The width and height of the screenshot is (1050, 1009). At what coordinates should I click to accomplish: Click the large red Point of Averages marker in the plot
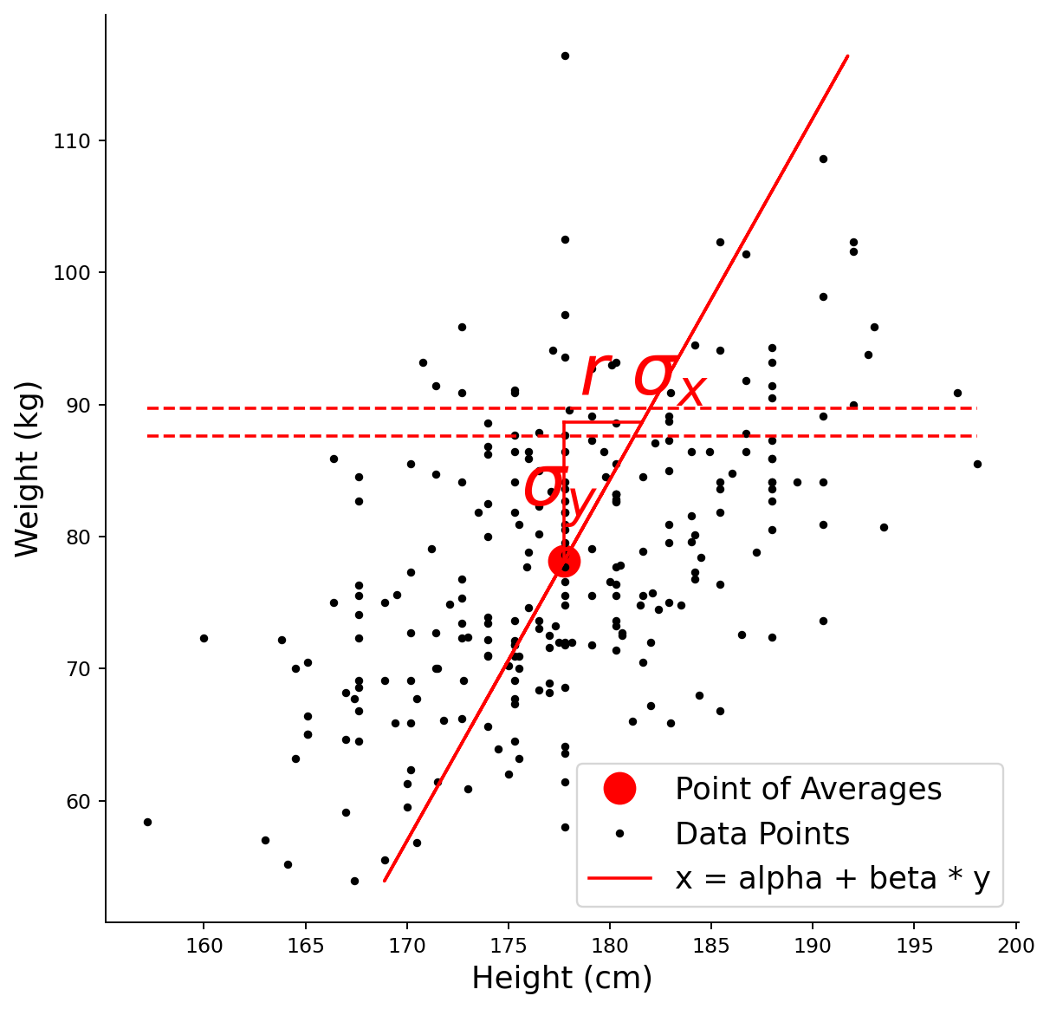click(564, 562)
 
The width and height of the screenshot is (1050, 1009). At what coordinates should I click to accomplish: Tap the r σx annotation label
click(644, 377)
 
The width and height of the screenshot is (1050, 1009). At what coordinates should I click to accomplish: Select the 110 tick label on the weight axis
click(71, 141)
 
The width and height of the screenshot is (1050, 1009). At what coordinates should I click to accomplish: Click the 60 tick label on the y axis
click(78, 802)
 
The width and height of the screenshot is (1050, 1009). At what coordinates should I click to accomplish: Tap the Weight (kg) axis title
click(27, 469)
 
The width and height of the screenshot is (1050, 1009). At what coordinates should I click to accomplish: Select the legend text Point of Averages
click(808, 789)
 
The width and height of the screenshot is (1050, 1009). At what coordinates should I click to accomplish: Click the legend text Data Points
click(762, 834)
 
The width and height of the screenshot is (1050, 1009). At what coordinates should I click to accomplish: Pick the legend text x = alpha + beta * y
click(833, 878)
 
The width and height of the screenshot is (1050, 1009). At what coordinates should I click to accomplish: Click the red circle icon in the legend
click(619, 788)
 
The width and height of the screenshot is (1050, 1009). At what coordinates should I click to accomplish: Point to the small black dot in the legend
click(619, 834)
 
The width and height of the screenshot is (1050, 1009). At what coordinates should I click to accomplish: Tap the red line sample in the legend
click(619, 878)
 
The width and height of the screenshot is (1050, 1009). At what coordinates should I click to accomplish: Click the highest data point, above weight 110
click(565, 56)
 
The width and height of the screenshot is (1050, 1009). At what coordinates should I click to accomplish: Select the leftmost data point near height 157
click(147, 823)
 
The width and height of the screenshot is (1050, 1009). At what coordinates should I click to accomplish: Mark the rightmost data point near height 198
click(977, 465)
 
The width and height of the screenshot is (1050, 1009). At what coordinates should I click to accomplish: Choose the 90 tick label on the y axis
click(78, 406)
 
